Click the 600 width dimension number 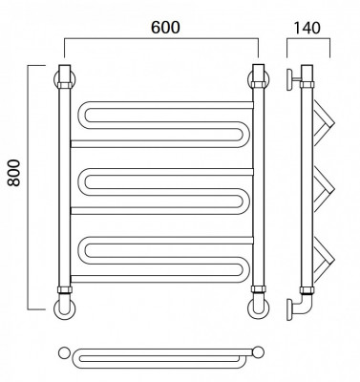(x=165, y=28)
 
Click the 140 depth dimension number (x=307, y=28)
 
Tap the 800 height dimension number (x=14, y=173)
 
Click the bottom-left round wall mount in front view (x=65, y=308)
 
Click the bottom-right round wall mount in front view (x=258, y=308)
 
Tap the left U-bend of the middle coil (x=82, y=181)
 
